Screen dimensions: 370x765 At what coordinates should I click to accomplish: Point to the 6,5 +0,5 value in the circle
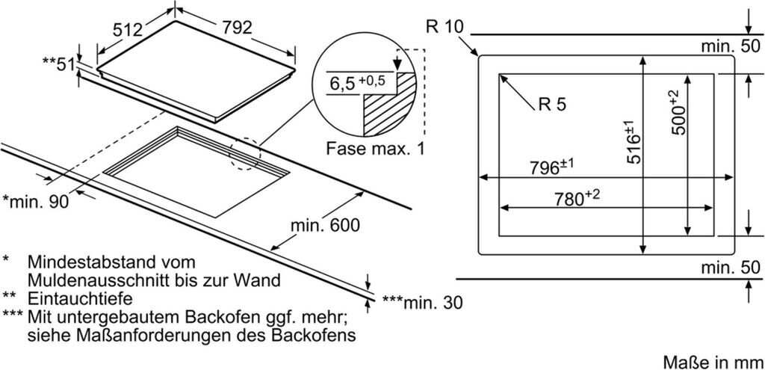click(x=356, y=82)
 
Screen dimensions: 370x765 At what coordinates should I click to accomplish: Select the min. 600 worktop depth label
click(x=320, y=224)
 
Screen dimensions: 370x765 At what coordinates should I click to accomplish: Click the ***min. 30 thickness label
click(x=422, y=303)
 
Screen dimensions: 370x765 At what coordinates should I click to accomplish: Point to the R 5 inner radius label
click(x=551, y=105)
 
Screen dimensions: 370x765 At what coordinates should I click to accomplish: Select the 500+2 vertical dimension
click(x=678, y=113)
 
